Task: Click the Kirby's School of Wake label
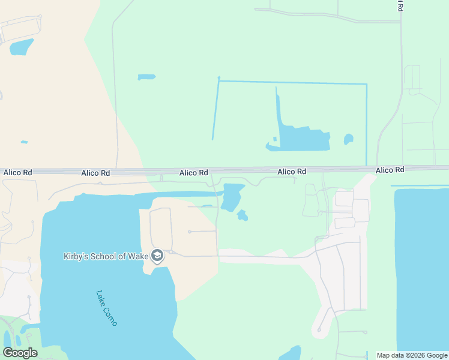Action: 106,256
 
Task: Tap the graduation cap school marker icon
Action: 157,256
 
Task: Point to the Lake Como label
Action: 106,308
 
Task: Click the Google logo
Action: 20,353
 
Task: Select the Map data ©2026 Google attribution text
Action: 412,355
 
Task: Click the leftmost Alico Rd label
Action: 17,172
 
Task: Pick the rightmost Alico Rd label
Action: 390,170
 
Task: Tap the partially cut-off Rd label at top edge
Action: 400,5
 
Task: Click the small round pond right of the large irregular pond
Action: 348,139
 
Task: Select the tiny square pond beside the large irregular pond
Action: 274,139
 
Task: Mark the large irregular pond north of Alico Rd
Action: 303,139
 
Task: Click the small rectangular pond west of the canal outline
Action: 146,77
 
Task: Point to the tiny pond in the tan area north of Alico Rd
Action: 24,142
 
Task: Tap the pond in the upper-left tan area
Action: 22,47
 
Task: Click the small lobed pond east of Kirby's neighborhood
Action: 242,215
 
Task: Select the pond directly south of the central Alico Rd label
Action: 231,197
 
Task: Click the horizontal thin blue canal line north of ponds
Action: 292,82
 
